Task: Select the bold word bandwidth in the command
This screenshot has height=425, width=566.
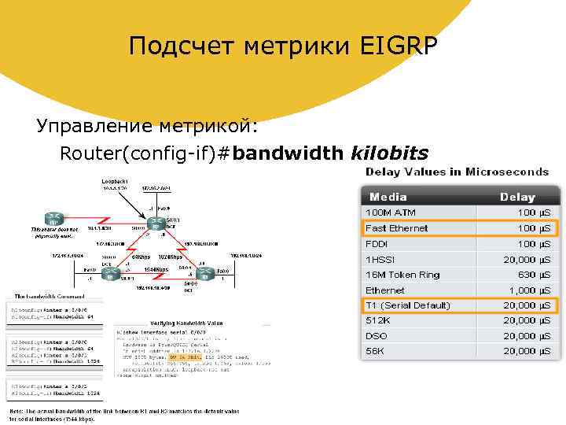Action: [288, 152]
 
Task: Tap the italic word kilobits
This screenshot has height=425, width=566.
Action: [390, 152]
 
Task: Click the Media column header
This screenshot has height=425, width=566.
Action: [388, 197]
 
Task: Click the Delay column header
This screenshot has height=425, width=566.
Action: [517, 197]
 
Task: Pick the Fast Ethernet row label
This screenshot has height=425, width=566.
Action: [397, 228]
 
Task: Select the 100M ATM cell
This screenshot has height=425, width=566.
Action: [391, 213]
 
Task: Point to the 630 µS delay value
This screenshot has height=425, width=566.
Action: [532, 275]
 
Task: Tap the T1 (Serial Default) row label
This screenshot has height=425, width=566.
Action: [408, 305]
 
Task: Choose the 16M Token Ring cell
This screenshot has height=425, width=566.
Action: [402, 275]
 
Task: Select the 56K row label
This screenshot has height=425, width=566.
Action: [376, 351]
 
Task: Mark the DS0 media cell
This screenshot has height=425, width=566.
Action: [377, 336]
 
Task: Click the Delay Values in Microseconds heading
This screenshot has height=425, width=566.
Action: [456, 172]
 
